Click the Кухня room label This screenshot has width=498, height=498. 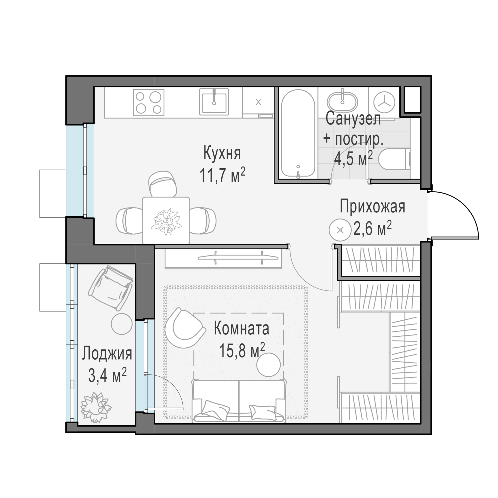click(x=222, y=153)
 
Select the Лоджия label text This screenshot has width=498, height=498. click(x=107, y=354)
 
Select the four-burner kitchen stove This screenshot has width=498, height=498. click(x=149, y=102)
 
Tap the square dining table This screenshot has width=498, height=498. click(x=166, y=221)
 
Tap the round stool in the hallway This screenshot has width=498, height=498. click(x=340, y=230)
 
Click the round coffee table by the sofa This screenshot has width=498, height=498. click(x=269, y=365)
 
